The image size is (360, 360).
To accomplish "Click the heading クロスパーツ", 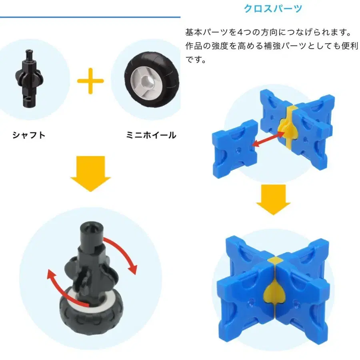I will [x=273, y=8].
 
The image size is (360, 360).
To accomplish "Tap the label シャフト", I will [x=29, y=135].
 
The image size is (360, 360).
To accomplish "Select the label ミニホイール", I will [x=151, y=135].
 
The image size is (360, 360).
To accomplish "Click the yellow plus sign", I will [x=90, y=80].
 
